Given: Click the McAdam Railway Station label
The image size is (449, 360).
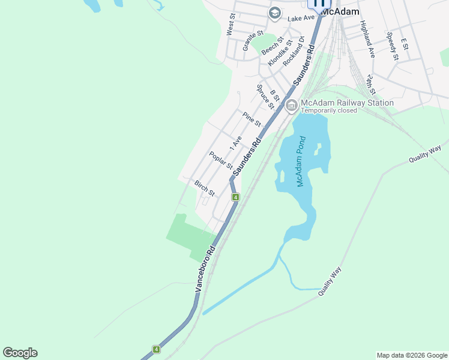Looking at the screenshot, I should [x=347, y=103].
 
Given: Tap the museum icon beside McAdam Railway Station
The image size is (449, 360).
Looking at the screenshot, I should [x=292, y=106].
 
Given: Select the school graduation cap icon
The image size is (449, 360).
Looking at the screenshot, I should [x=275, y=13].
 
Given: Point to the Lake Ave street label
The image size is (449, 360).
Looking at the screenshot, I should [x=301, y=18].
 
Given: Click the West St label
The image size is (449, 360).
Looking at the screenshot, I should [x=231, y=25].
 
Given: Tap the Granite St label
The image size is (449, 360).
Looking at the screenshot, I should [x=253, y=41].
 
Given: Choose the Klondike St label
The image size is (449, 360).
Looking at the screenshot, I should [x=280, y=53].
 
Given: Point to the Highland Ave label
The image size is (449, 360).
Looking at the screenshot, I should [x=367, y=38].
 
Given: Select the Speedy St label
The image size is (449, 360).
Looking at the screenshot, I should [x=393, y=46].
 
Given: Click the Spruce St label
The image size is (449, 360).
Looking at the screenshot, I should [x=265, y=96].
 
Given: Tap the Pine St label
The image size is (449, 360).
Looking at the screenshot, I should [x=252, y=119].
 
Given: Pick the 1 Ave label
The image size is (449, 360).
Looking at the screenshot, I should [x=235, y=143].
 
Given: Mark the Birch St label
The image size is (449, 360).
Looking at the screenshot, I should [x=204, y=188].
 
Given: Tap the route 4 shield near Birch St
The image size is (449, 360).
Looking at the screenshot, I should [x=236, y=197].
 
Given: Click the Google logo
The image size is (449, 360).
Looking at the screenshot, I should [x=20, y=353].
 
